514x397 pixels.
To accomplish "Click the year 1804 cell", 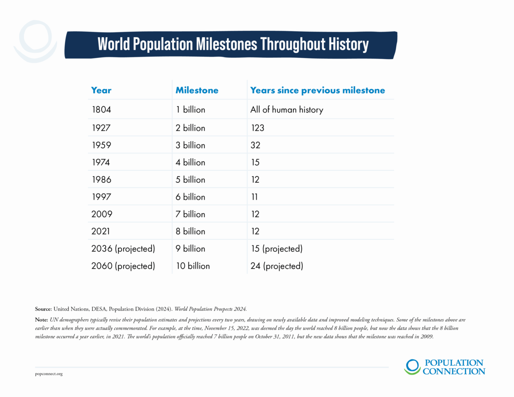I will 101,110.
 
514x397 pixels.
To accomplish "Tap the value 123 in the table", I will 258,128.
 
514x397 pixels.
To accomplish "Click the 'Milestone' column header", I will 197,90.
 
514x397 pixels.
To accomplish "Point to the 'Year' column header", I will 101,90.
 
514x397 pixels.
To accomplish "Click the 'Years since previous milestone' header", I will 318,90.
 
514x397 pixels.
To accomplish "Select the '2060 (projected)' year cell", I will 123,266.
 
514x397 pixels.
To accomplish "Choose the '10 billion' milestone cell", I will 193,266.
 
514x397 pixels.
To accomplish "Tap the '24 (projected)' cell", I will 277,266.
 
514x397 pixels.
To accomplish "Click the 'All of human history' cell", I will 287,110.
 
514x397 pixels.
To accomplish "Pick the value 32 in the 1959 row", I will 255,145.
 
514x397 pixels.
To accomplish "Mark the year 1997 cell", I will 101,197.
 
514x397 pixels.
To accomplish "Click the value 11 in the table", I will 254,197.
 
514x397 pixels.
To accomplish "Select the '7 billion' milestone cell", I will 190,214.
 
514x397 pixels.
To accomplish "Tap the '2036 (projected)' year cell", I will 123,249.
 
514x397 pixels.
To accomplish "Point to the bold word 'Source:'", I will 43,309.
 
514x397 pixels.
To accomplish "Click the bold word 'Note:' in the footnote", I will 41,320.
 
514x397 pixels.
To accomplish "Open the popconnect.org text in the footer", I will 49,374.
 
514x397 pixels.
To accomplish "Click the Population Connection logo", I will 444,367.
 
